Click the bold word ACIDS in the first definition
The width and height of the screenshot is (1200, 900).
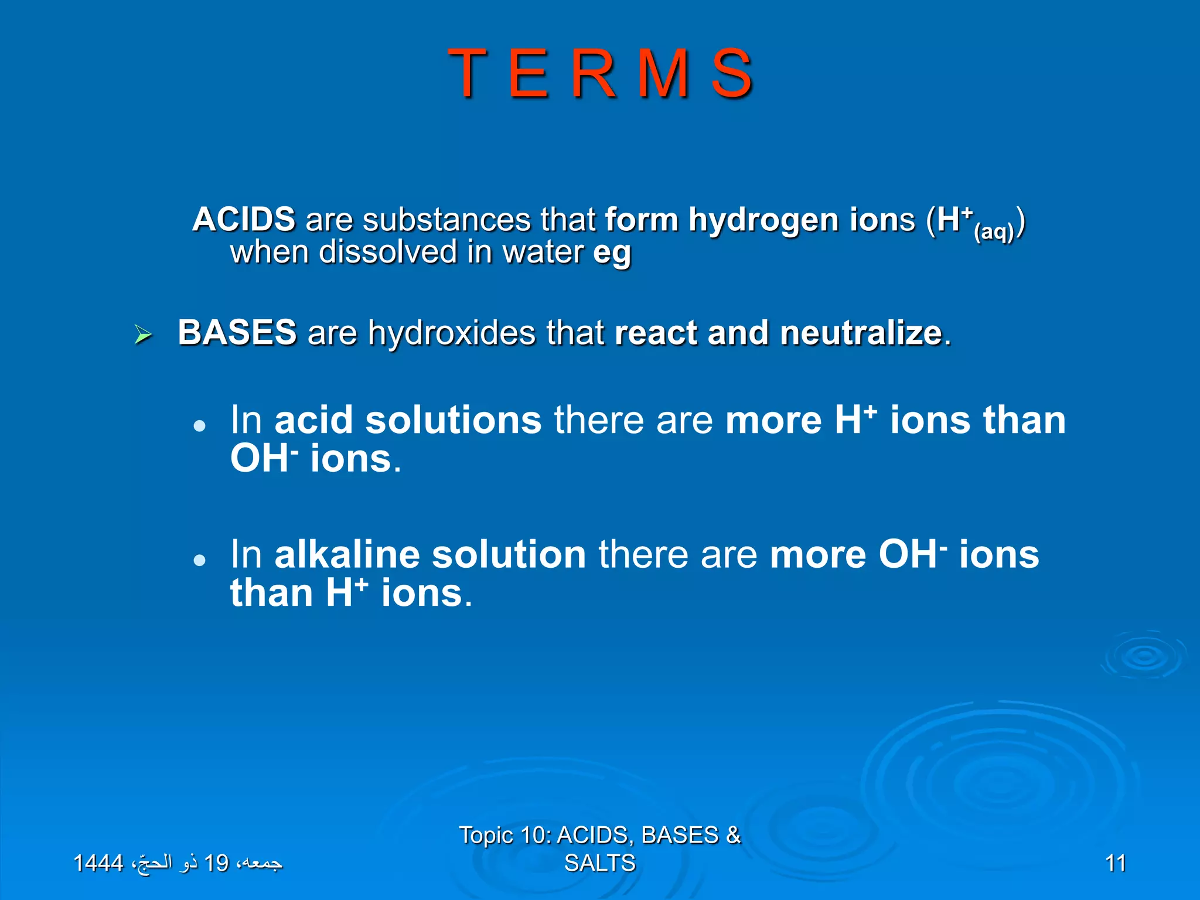coord(244,220)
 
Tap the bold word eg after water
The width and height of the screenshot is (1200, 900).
coord(612,253)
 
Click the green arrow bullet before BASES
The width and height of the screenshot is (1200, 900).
coord(143,335)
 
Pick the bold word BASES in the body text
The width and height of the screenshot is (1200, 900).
coord(237,332)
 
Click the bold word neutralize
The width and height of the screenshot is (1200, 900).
coord(860,333)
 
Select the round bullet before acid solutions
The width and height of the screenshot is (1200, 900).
coord(200,425)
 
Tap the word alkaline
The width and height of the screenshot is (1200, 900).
coord(347,554)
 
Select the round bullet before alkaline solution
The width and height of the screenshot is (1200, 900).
coord(200,560)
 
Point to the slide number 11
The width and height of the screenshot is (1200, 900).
coord(1115,863)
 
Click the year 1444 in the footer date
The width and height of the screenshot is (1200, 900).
coord(98,863)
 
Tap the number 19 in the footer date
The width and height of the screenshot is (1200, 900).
coord(216,863)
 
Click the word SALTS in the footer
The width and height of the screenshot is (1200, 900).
coord(599,863)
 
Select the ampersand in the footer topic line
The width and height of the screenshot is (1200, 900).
coord(733,835)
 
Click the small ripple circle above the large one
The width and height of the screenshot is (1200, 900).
coord(1143,656)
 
